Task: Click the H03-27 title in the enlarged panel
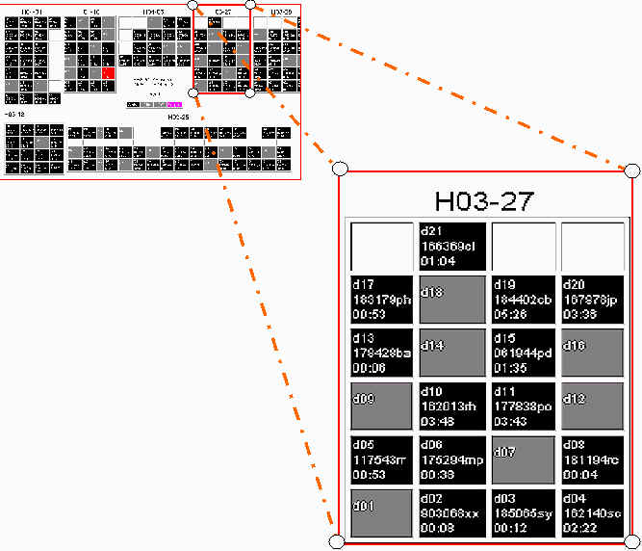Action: (x=484, y=201)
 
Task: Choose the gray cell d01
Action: (x=380, y=512)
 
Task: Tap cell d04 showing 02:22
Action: (x=592, y=512)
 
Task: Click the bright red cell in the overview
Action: (x=109, y=72)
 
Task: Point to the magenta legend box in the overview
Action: (x=174, y=103)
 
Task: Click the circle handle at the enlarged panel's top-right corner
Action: (x=632, y=171)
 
